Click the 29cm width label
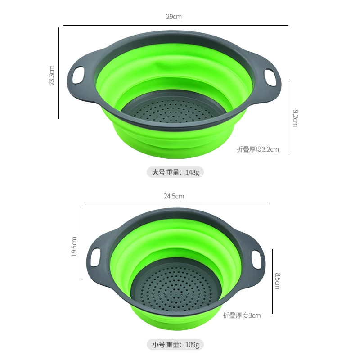[x=174, y=17]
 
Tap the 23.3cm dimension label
[x=52, y=75]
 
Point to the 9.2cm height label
[x=295, y=118]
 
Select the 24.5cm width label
[x=174, y=196]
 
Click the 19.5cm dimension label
[x=74, y=247]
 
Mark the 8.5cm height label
[x=278, y=281]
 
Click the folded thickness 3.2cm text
[x=258, y=149]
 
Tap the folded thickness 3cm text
[x=242, y=315]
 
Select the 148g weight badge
[x=175, y=172]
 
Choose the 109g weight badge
[x=175, y=345]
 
